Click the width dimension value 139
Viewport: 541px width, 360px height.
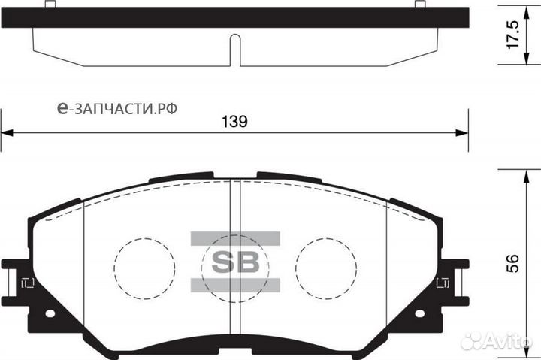234,122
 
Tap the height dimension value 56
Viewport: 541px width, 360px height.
513,262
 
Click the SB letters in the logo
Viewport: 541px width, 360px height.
234,262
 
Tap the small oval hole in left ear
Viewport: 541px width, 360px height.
50,313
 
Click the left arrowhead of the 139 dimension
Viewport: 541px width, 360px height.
6,134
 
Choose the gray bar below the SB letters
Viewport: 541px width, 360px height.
234,283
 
